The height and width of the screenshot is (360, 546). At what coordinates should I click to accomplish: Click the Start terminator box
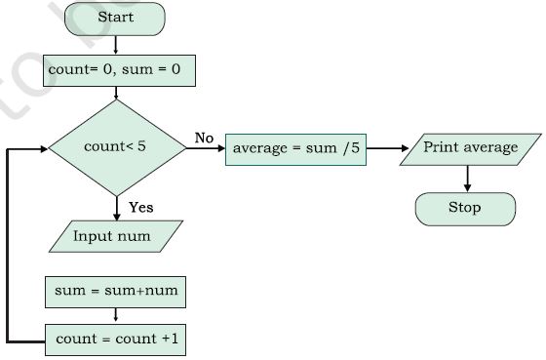point(116,18)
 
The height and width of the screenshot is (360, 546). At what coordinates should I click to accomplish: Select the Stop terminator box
point(464,208)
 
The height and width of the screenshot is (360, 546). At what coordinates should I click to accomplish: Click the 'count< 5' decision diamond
point(116,148)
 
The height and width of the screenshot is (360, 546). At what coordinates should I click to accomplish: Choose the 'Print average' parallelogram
point(471,148)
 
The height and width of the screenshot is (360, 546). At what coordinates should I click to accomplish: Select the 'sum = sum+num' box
point(116,290)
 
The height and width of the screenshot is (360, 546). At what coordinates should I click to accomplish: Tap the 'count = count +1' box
point(116,340)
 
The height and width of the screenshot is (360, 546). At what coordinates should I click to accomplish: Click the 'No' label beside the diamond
point(203,138)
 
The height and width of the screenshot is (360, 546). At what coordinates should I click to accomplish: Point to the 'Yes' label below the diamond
point(141,207)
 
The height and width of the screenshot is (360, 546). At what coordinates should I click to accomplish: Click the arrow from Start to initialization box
point(116,43)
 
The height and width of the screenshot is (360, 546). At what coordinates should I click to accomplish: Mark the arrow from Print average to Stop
point(467,179)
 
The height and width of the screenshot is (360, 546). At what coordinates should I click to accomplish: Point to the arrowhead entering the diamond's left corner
point(43,149)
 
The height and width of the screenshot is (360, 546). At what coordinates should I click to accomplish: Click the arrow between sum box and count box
point(116,314)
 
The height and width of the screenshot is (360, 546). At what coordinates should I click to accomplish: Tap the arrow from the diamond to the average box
point(206,150)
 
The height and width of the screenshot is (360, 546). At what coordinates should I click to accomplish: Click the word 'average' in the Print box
point(491,147)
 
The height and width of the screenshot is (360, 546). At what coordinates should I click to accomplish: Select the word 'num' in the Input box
point(137,235)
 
